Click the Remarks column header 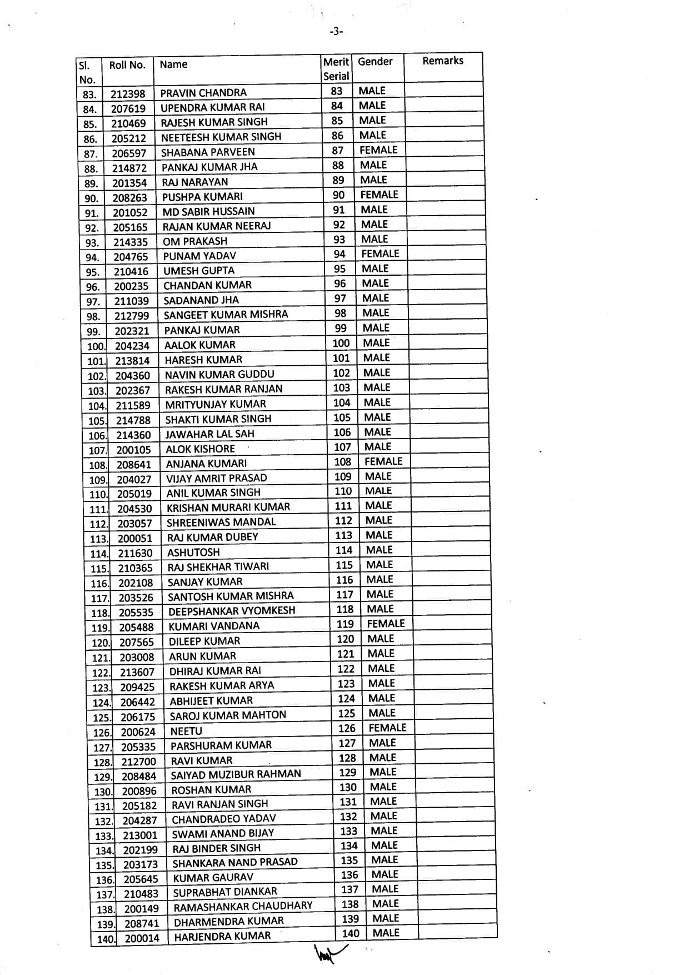pos(442,61)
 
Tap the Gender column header pos(375,61)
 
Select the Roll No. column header pos(127,65)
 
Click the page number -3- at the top pos(336,32)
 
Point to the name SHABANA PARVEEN pos(208,152)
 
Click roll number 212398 pos(128,93)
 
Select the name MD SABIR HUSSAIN pos(208,211)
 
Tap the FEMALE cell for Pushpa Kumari pos(379,195)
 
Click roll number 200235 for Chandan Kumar pos(131,286)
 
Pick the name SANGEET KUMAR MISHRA pos(226,315)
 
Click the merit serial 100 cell pos(341,343)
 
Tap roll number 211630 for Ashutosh pos(135,553)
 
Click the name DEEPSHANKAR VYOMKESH pos(232,611)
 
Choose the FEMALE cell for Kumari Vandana pos(386,624)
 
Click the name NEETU pos(186,731)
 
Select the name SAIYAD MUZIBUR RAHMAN pos(236,774)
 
